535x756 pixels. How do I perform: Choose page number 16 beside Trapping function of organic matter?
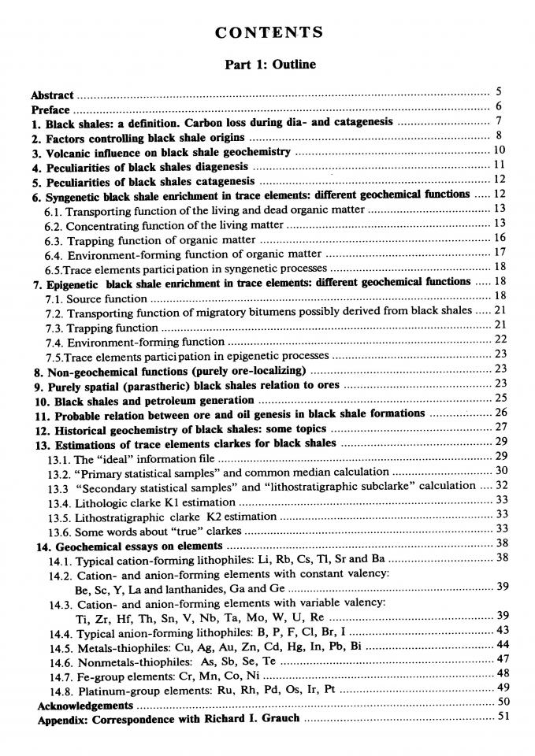coord(500,238)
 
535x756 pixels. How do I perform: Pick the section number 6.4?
coord(54,254)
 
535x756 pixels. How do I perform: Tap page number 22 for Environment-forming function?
coord(500,339)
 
